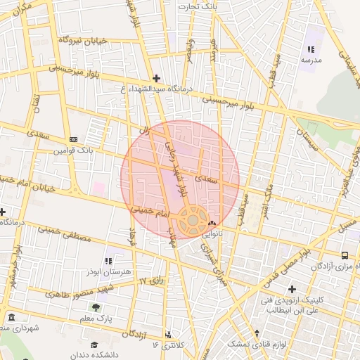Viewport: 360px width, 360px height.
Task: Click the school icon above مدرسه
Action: pyautogui.click(x=311, y=50)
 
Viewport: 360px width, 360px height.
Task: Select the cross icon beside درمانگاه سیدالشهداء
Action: pyautogui.click(x=156, y=78)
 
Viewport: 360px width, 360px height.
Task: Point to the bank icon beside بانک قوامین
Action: pyautogui.click(x=74, y=139)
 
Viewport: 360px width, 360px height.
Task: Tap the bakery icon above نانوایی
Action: pyautogui.click(x=212, y=223)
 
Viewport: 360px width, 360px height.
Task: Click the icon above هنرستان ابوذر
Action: pyautogui.click(x=108, y=261)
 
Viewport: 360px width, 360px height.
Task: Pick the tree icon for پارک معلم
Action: pyautogui.click(x=95, y=307)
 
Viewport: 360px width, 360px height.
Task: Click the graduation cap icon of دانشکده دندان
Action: pyautogui.click(x=94, y=345)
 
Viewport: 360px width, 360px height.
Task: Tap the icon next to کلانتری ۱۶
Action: pyautogui.click(x=167, y=335)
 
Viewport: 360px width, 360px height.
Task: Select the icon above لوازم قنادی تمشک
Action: pyautogui.click(x=258, y=333)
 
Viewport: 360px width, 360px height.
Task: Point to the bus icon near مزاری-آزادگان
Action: pyautogui.click(x=345, y=255)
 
